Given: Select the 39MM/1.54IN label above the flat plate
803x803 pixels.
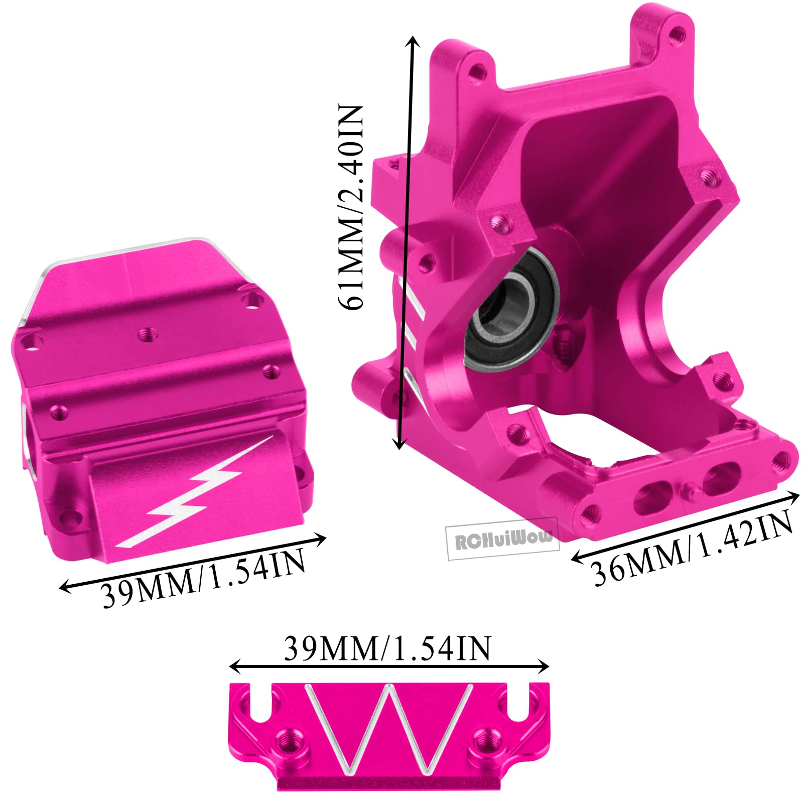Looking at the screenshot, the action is (387, 648).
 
